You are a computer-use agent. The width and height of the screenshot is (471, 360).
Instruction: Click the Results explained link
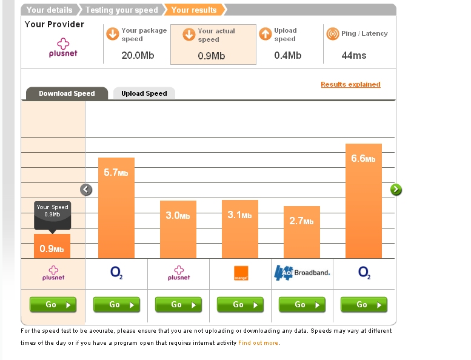pos(350,84)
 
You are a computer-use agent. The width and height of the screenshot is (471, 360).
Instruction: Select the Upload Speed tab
pos(144,93)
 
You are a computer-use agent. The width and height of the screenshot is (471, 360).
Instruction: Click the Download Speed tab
pos(67,93)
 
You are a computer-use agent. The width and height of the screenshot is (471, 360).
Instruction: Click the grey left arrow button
pos(86,190)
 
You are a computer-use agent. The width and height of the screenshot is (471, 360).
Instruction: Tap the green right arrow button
pos(396,190)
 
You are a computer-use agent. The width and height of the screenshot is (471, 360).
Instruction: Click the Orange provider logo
pos(241,274)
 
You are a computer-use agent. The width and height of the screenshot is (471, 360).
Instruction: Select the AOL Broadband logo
pos(302,273)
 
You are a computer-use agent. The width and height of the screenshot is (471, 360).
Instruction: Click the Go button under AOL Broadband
pos(302,305)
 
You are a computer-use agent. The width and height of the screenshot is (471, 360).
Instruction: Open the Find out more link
pos(258,343)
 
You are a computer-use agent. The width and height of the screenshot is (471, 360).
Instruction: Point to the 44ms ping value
pos(353,55)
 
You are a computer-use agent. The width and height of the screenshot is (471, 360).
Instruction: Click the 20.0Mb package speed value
pos(133,55)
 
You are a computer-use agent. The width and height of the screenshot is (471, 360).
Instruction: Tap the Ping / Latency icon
pos(332,34)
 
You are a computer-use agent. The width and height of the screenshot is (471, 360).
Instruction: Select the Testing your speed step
pos(121,10)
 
